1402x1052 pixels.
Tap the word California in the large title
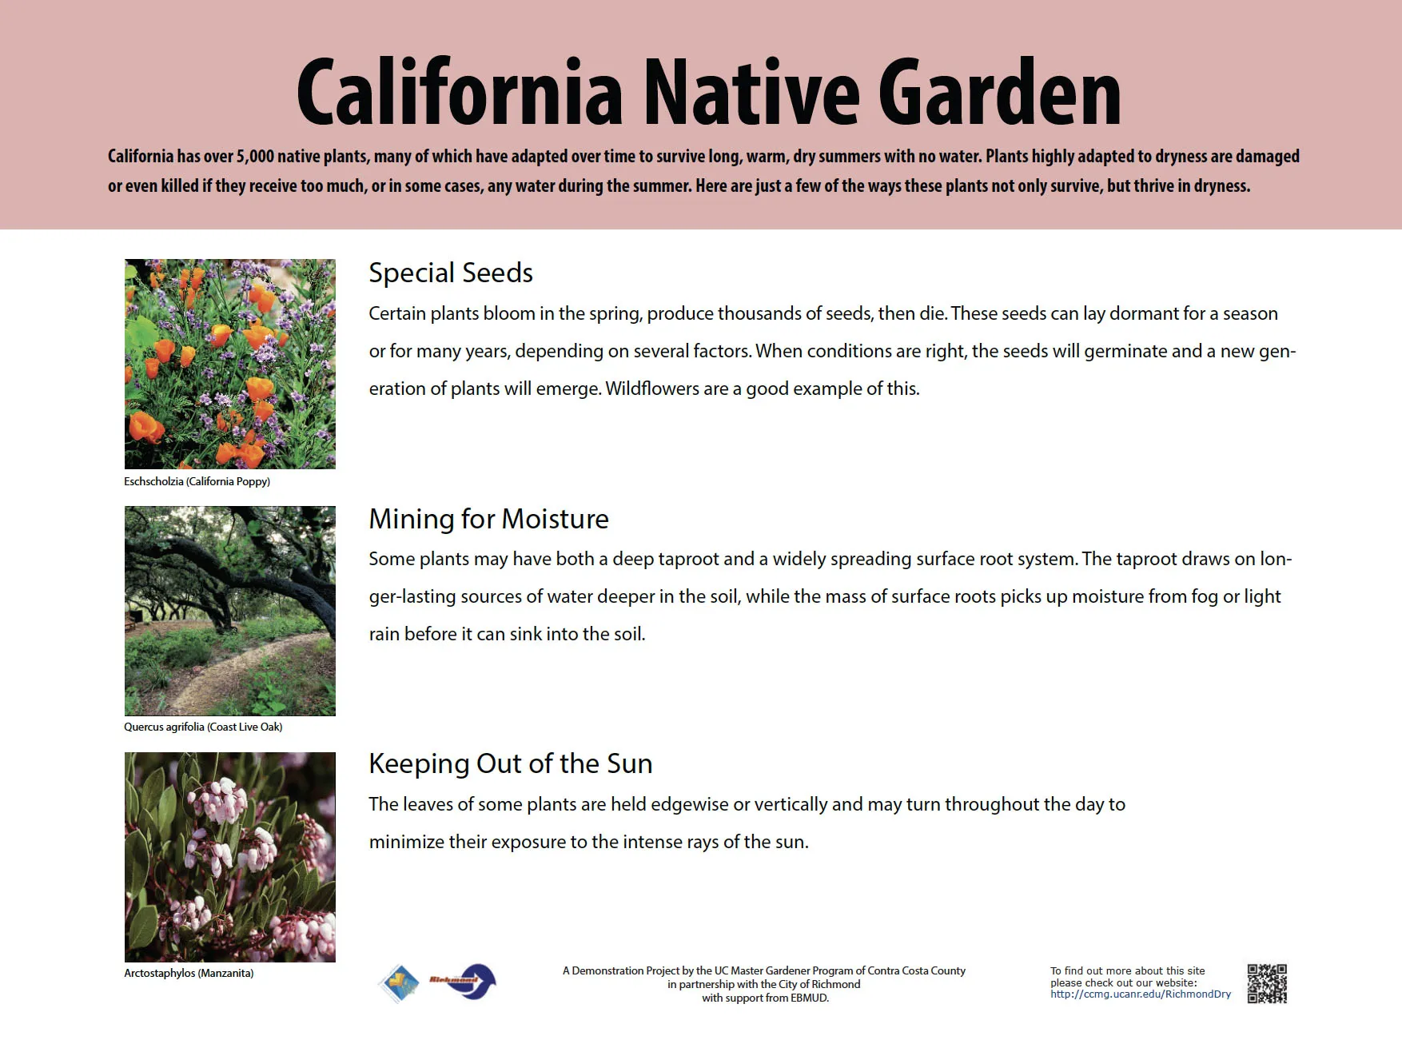point(460,94)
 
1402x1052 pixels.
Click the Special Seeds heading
point(451,273)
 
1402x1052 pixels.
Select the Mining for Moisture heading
point(488,520)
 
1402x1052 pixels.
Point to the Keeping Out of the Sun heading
point(510,764)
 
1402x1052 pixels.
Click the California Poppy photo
point(230,364)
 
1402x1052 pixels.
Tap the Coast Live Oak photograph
point(230,611)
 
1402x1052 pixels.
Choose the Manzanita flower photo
point(230,857)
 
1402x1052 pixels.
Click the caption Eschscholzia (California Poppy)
point(197,481)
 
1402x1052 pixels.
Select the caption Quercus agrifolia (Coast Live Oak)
point(203,727)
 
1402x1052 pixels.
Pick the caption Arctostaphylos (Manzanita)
point(189,973)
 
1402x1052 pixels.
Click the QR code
point(1267,983)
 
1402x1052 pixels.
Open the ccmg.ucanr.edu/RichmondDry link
point(1141,994)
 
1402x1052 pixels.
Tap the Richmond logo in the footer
point(464,982)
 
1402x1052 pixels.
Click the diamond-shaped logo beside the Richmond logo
point(400,982)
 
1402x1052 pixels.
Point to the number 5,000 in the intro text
point(255,157)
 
